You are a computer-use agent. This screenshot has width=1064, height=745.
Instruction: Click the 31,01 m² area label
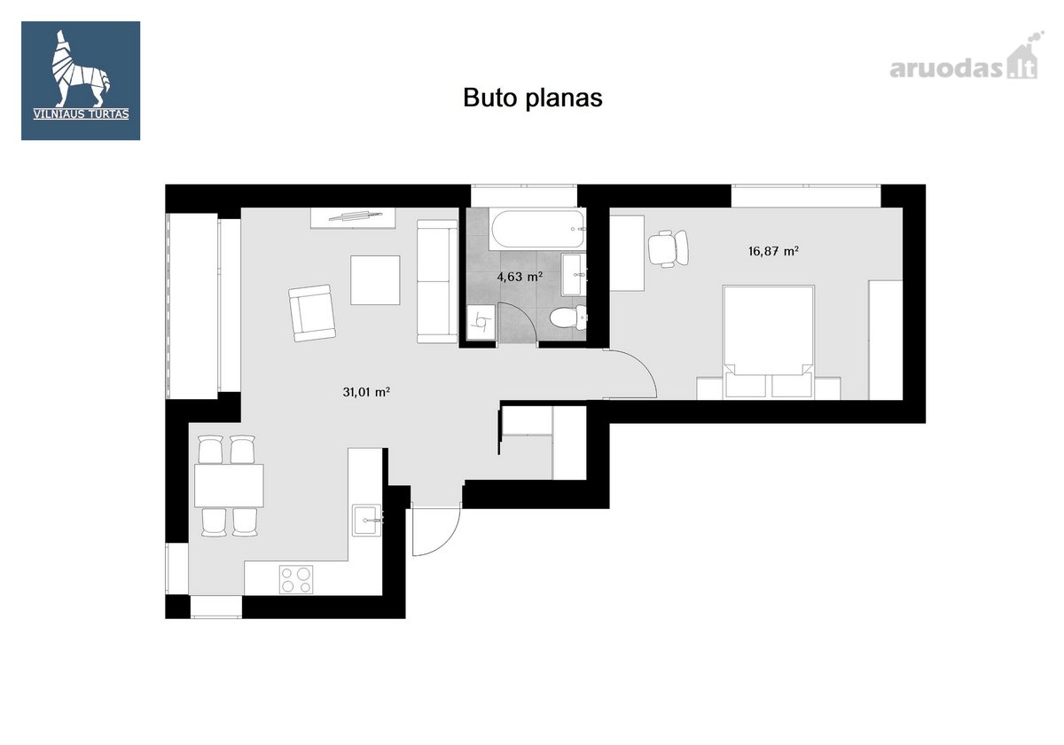click(366, 392)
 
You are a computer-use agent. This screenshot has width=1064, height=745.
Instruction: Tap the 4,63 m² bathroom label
click(520, 277)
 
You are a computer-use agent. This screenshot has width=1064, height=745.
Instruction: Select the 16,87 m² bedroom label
click(773, 251)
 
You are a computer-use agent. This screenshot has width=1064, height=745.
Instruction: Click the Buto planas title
click(533, 98)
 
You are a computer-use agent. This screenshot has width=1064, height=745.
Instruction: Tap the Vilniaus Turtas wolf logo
click(81, 81)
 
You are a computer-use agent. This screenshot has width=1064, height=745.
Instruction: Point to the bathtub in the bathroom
click(537, 229)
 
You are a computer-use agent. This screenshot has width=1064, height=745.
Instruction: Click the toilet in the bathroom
click(568, 318)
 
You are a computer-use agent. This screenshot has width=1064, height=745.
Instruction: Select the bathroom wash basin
click(574, 275)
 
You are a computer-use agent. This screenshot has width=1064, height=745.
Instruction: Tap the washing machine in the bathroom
click(481, 322)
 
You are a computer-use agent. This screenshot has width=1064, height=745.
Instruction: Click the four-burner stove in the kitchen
click(296, 579)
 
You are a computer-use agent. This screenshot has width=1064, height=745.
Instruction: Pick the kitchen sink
click(367, 521)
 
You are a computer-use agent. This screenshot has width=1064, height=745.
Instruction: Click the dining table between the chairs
click(229, 485)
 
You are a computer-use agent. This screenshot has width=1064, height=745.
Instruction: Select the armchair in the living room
click(311, 313)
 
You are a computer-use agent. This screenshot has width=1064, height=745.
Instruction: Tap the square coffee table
click(375, 280)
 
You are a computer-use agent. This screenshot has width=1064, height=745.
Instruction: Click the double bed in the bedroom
click(769, 341)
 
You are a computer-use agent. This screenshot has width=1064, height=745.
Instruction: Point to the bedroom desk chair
click(669, 248)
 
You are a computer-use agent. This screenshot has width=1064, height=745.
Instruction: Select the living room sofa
click(437, 281)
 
